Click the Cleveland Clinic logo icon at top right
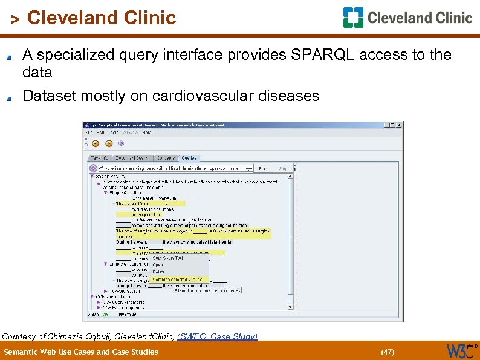click(353, 18)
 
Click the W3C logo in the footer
click(459, 350)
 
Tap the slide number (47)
click(387, 352)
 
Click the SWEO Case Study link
click(217, 336)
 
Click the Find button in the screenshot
click(263, 169)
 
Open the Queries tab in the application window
click(189, 158)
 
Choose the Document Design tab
click(134, 158)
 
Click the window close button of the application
click(398, 125)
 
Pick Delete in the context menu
click(158, 272)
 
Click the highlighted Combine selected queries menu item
click(177, 280)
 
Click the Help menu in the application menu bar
click(147, 132)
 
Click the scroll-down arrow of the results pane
click(290, 307)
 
